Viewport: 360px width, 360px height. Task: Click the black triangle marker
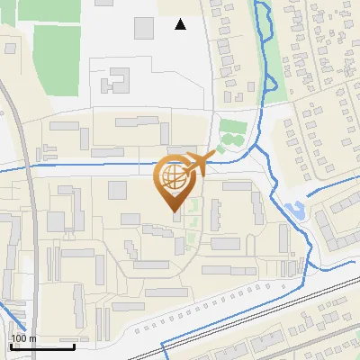point(181,24)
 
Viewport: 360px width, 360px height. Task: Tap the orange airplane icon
point(200,163)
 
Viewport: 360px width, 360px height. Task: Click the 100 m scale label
point(22,337)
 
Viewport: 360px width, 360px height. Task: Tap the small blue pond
point(293,212)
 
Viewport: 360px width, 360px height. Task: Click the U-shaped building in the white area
point(115,82)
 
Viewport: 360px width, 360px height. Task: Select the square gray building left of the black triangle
point(144,28)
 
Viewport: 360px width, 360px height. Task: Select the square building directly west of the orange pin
point(118,190)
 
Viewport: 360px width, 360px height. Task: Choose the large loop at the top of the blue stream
point(263,18)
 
